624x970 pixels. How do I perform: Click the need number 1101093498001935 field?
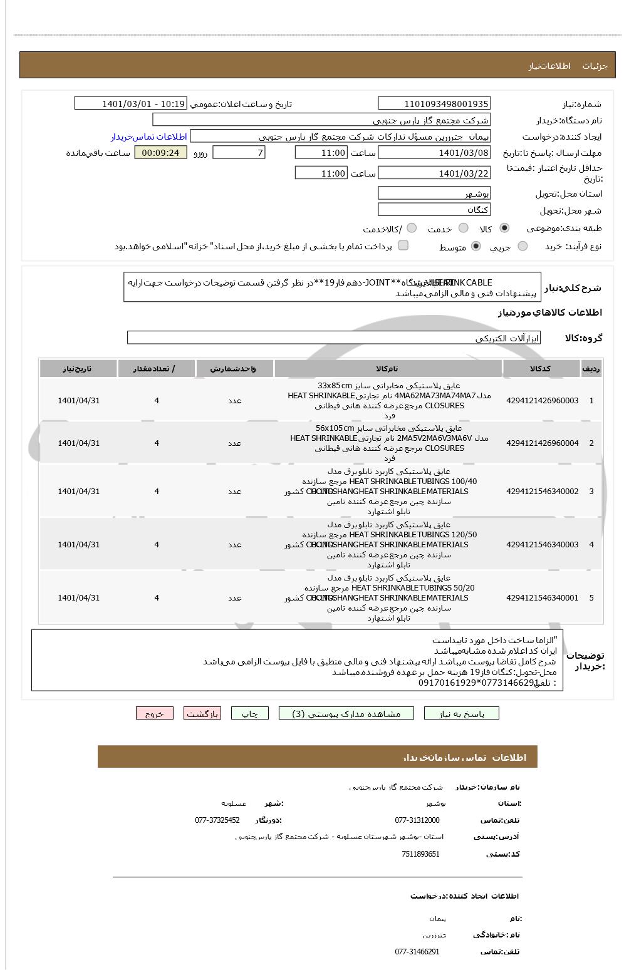coord(434,103)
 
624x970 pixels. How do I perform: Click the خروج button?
coord(154,713)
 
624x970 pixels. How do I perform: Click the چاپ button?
coord(249,713)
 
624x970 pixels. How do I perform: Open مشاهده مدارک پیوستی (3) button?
coord(346,713)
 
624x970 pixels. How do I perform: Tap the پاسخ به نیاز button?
coord(462,713)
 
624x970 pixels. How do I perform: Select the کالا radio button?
coord(504,229)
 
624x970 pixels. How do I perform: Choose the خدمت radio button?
coord(463,229)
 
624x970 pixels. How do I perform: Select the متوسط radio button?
coord(476,247)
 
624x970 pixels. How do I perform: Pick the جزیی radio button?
coord(523,247)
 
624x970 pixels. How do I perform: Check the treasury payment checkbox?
coord(403,245)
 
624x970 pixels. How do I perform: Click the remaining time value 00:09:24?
coord(160,153)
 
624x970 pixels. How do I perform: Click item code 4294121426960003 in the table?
coord(542,401)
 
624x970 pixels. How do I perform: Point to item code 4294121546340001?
coord(542,598)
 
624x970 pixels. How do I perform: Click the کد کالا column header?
coord(542,369)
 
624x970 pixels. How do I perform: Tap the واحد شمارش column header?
coord(234,369)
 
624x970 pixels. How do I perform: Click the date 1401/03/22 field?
coord(434,173)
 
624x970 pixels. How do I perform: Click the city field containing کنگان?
coord(434,210)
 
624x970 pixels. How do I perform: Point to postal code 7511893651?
coord(420,854)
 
